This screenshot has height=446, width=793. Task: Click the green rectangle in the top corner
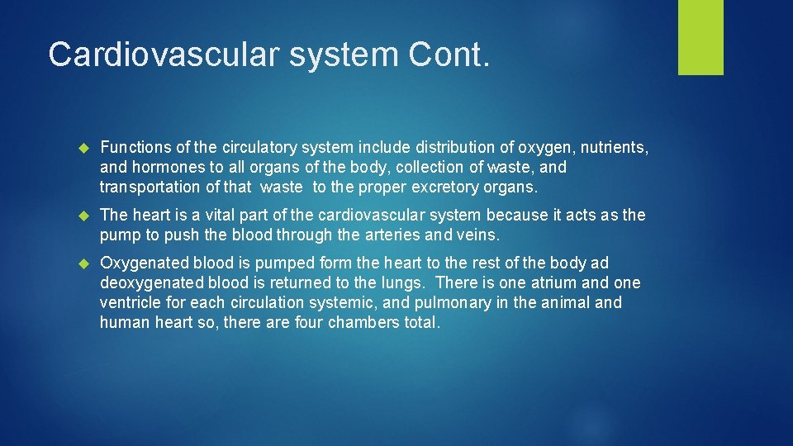pos(700,36)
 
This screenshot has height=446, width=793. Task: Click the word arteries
pos(388,235)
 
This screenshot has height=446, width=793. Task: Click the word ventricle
pos(130,303)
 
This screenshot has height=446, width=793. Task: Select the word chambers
pos(359,323)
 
